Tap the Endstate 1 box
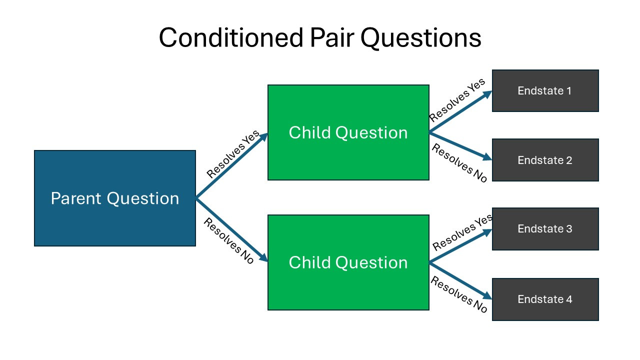pos(545,91)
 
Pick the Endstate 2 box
pos(545,160)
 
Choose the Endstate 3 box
pos(545,229)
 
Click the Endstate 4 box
pos(545,299)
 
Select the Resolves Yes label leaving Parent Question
pos(233,154)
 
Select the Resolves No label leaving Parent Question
pos(228,241)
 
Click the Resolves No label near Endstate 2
pos(459,163)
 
